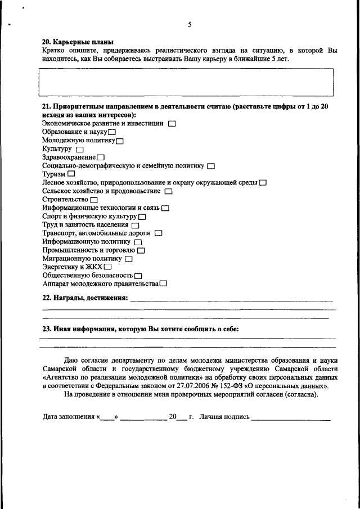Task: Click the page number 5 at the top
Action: pyautogui.click(x=190, y=25)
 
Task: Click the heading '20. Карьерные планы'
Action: pyautogui.click(x=78, y=42)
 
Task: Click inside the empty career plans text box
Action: pyautogui.click(x=187, y=82)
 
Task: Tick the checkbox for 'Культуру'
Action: pyautogui.click(x=79, y=149)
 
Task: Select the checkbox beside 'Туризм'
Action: pyautogui.click(x=71, y=174)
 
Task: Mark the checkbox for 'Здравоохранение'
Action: pyautogui.click(x=101, y=157)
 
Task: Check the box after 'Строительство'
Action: pyautogui.click(x=94, y=200)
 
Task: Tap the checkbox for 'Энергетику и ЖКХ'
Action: pyautogui.click(x=107, y=267)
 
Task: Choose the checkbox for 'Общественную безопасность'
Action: pyautogui.click(x=138, y=276)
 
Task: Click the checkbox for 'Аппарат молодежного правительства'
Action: pyautogui.click(x=163, y=284)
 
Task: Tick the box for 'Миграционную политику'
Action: pyautogui.click(x=129, y=259)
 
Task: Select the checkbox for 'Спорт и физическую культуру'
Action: pyautogui.click(x=142, y=217)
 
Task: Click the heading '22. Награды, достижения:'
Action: pyautogui.click(x=85, y=298)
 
